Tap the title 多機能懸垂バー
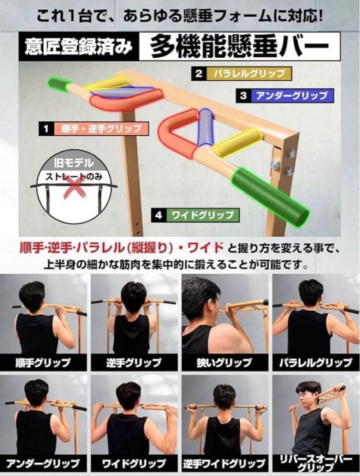240,47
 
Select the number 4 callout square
159,216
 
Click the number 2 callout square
199,73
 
